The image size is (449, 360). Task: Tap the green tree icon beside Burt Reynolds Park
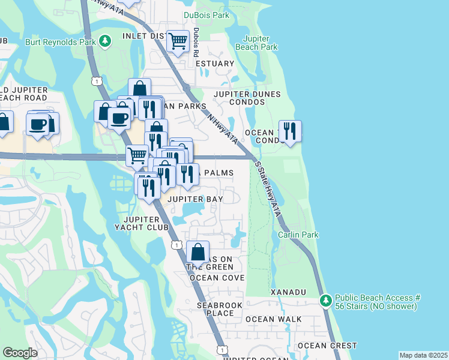coord(106,41)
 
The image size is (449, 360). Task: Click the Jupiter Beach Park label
coord(256,42)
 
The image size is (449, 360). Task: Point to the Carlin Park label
coord(298,235)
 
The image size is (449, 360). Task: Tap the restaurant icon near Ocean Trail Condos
coord(290,131)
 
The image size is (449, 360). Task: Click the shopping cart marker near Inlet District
coord(178,41)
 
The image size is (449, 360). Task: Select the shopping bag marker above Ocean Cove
coord(197,252)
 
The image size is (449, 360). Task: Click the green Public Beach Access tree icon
coord(325,299)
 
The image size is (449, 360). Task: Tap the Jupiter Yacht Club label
coord(142,223)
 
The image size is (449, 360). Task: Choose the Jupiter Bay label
coord(195,199)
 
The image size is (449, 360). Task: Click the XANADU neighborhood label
coord(288,292)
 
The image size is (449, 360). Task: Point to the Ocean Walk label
coord(265,319)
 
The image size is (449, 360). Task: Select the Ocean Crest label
coord(328,346)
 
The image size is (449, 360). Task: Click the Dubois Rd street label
coord(196,43)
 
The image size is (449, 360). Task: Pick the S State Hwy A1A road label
coord(268,185)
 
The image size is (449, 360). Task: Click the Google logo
coord(20,353)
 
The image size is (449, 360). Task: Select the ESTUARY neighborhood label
coord(214,64)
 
